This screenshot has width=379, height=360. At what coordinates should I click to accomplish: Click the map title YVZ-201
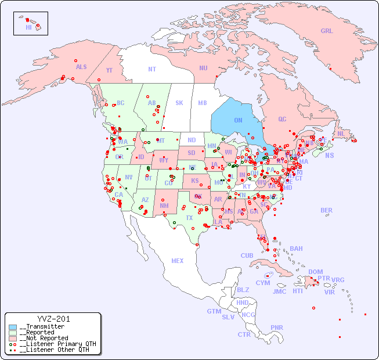point(53,319)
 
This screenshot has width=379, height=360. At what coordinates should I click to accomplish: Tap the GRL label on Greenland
point(327,31)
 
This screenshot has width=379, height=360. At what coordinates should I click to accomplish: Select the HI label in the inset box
point(28,27)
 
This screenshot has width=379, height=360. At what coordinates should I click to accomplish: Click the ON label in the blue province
point(238,120)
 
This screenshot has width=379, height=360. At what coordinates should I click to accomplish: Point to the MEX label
point(178,261)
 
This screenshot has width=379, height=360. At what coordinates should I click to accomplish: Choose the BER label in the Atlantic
point(327,210)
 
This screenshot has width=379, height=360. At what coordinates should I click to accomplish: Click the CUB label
point(247,255)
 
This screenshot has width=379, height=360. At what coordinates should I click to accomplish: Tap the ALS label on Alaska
point(81,67)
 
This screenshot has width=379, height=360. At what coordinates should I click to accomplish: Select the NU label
point(203,68)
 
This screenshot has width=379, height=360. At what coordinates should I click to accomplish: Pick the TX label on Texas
point(189,218)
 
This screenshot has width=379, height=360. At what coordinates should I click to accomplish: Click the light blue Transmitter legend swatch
point(13,327)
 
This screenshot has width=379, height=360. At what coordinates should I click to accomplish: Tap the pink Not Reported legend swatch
point(13,338)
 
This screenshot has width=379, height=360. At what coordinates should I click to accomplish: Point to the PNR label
point(277,327)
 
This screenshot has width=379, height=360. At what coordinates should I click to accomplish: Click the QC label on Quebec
point(282,119)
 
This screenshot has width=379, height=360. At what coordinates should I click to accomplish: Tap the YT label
point(109,70)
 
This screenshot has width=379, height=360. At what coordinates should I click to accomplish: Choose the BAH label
point(296,249)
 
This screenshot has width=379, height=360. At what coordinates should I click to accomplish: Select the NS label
point(330,155)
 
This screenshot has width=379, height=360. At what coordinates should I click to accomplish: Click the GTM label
point(214,311)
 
